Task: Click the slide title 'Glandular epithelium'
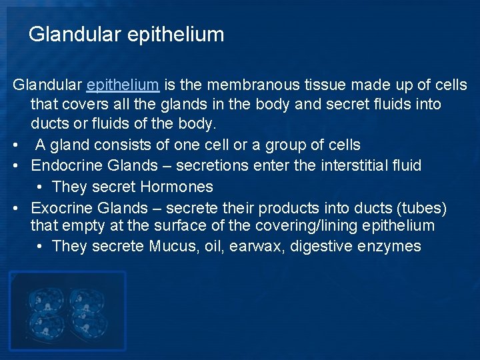[x=126, y=34]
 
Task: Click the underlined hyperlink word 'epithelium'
[x=123, y=85]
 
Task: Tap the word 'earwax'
[x=256, y=247]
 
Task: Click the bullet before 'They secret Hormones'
[x=41, y=187]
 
